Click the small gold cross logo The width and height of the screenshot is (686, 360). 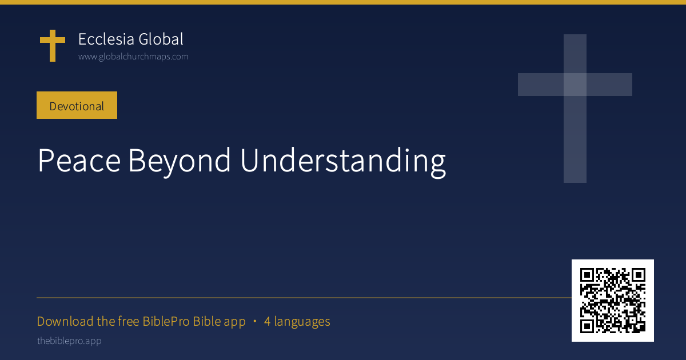53,45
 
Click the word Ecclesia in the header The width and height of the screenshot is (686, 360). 106,39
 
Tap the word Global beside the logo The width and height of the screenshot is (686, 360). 161,39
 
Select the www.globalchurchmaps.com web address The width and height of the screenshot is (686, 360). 133,57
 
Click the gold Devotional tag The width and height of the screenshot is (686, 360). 77,105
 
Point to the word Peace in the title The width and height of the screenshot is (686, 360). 79,161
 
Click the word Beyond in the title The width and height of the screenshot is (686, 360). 179,162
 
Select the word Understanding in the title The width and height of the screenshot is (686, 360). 343,162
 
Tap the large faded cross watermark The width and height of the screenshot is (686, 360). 575,109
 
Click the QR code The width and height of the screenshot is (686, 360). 612,301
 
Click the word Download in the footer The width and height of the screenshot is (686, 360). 65,321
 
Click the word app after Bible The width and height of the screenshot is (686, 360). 234,323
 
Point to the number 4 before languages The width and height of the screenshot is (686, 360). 267,321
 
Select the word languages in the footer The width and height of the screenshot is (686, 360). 302,322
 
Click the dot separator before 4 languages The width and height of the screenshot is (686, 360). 255,321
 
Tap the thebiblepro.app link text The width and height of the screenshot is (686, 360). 69,341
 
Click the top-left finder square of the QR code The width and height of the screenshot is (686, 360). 587,275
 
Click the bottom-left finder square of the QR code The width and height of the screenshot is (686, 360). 587,326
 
